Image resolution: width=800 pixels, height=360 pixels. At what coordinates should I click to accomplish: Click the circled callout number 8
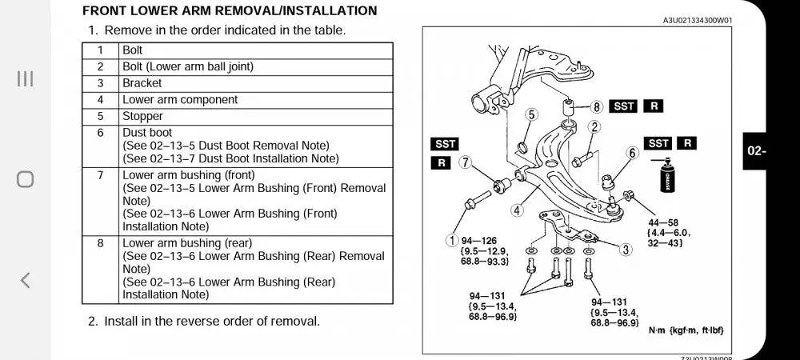pos(596,106)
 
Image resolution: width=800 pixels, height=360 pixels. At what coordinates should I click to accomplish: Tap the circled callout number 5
pos(531,115)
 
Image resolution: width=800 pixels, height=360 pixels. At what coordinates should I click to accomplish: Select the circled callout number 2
pos(594,126)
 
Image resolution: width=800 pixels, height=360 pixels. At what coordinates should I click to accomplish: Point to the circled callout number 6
pos(632,152)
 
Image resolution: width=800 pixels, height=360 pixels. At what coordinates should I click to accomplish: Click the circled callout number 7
pos(466,163)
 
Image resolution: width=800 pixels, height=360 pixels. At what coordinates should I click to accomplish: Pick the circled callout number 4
pos(518,211)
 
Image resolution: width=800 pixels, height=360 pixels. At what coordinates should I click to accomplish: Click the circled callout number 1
pos(453,238)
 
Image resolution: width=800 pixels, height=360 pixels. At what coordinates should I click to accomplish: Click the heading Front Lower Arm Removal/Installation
pos(230,11)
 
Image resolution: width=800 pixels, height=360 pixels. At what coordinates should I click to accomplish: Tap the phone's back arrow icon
pos(26,279)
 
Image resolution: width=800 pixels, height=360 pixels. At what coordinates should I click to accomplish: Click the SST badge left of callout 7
pos(445,144)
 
